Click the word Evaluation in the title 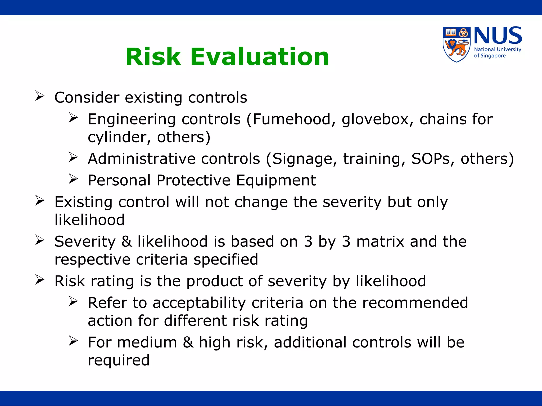tap(260, 57)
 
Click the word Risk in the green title tap(153, 57)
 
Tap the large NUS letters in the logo tap(498, 36)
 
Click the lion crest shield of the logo tap(456, 44)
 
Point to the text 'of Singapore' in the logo tap(490, 56)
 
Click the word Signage tap(305, 159)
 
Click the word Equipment tap(276, 181)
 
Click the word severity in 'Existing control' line tap(352, 202)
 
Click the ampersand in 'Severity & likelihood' tap(127, 242)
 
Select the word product tap(214, 281)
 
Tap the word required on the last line tap(119, 360)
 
